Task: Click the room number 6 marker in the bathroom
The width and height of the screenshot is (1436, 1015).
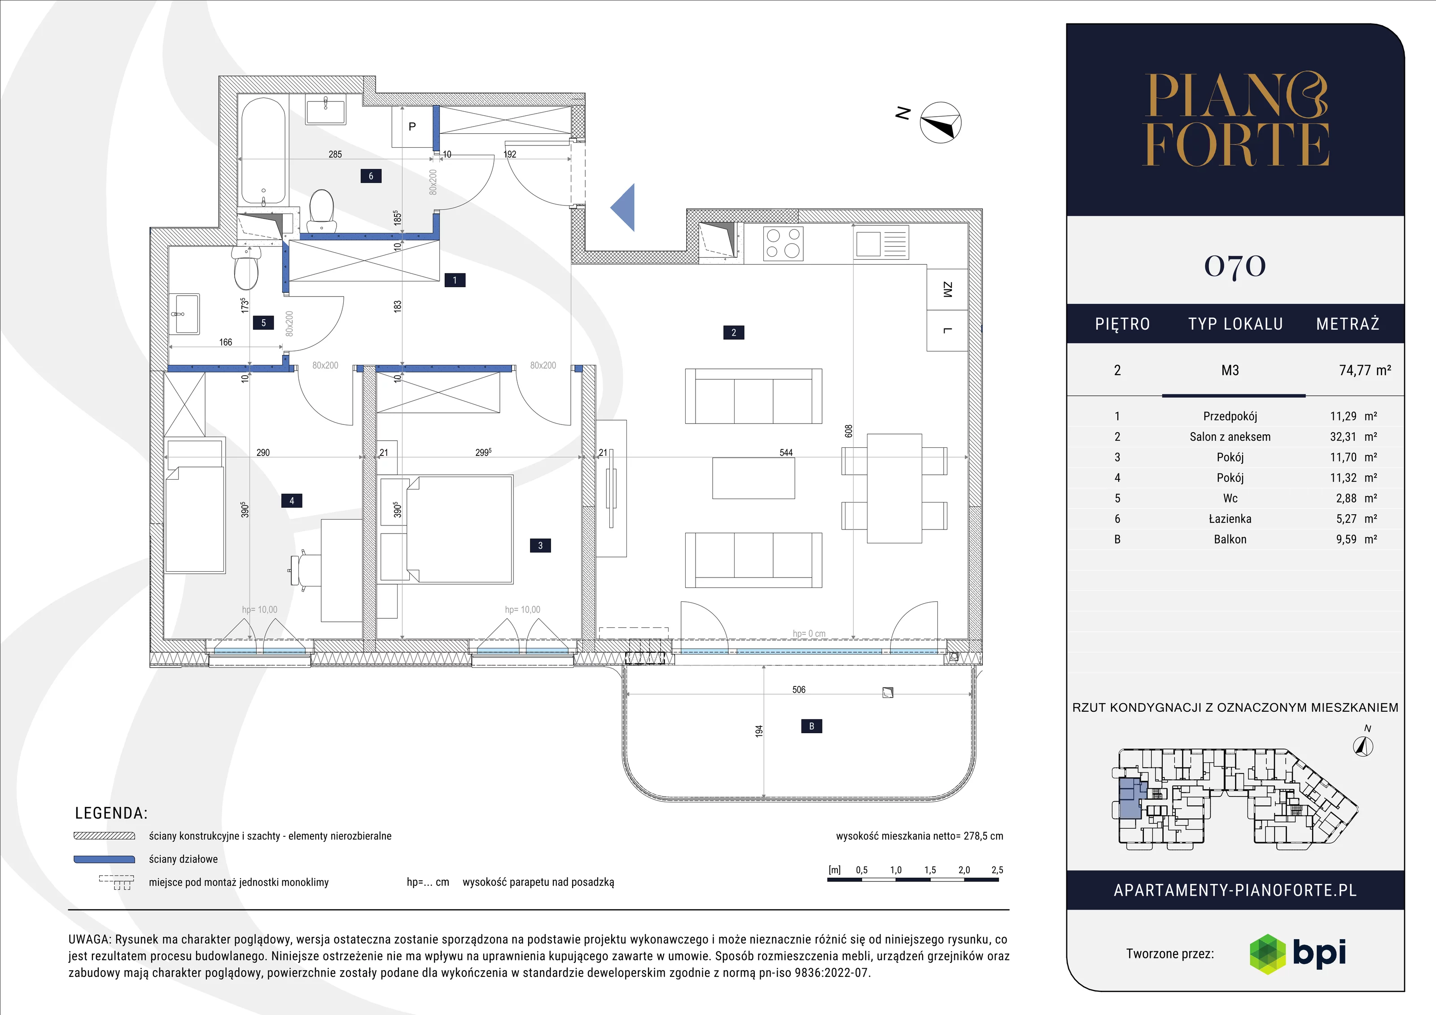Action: tap(371, 176)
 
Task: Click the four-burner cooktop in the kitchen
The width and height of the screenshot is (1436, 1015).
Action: tap(783, 243)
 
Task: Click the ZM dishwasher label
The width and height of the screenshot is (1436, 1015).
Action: tap(947, 289)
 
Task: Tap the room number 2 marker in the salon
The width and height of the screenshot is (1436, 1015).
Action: tap(734, 332)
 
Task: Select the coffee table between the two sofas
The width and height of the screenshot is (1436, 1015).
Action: tap(753, 478)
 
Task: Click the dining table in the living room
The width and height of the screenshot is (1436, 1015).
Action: tap(894, 488)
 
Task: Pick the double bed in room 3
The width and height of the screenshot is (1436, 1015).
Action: tap(460, 529)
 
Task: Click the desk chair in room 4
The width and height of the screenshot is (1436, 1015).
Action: tap(305, 570)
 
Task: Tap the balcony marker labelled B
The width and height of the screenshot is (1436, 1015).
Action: tap(812, 726)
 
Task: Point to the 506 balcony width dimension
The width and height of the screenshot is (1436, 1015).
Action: tap(799, 690)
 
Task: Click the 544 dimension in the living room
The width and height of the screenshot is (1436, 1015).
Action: tap(786, 453)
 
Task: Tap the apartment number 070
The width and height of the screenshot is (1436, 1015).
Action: tap(1235, 266)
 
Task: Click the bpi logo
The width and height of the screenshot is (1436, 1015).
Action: tap(1297, 954)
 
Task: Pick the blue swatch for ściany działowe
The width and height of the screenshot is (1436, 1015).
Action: tap(105, 859)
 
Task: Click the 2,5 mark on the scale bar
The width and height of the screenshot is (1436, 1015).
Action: tap(997, 870)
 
